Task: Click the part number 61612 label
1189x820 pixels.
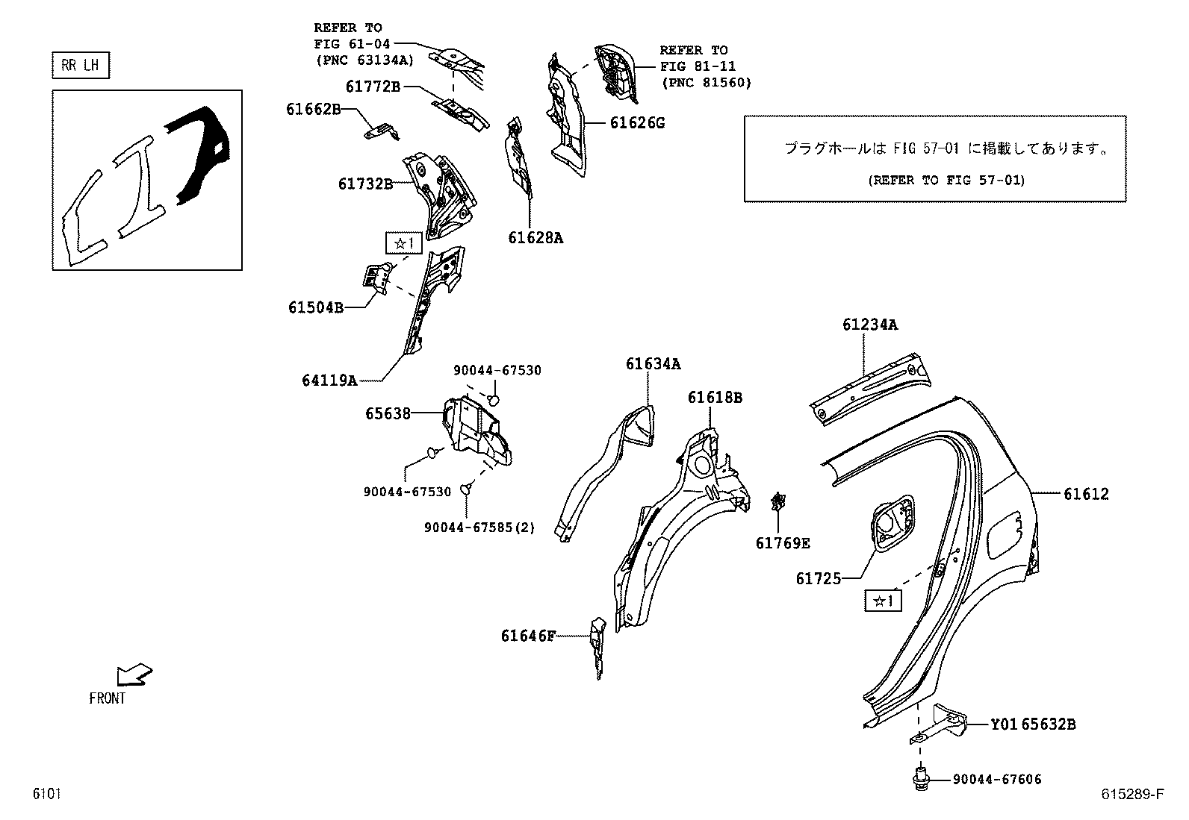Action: click(x=1086, y=494)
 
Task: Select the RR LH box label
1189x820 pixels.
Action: click(x=80, y=66)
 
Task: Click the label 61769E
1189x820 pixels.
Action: click(x=782, y=543)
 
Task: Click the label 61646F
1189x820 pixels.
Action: click(x=528, y=636)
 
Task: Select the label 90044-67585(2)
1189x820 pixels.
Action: click(x=479, y=528)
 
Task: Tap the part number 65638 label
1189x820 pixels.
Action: click(x=388, y=413)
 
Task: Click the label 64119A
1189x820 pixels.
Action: click(x=329, y=381)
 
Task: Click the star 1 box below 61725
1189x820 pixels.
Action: click(x=883, y=600)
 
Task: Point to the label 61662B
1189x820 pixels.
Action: click(x=313, y=109)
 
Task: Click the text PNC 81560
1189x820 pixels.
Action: click(x=706, y=83)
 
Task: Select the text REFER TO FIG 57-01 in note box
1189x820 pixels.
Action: click(x=946, y=180)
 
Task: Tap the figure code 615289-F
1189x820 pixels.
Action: click(x=1131, y=794)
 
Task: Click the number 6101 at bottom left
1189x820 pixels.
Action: click(x=46, y=794)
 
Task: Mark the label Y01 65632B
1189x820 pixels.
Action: click(x=1033, y=724)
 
